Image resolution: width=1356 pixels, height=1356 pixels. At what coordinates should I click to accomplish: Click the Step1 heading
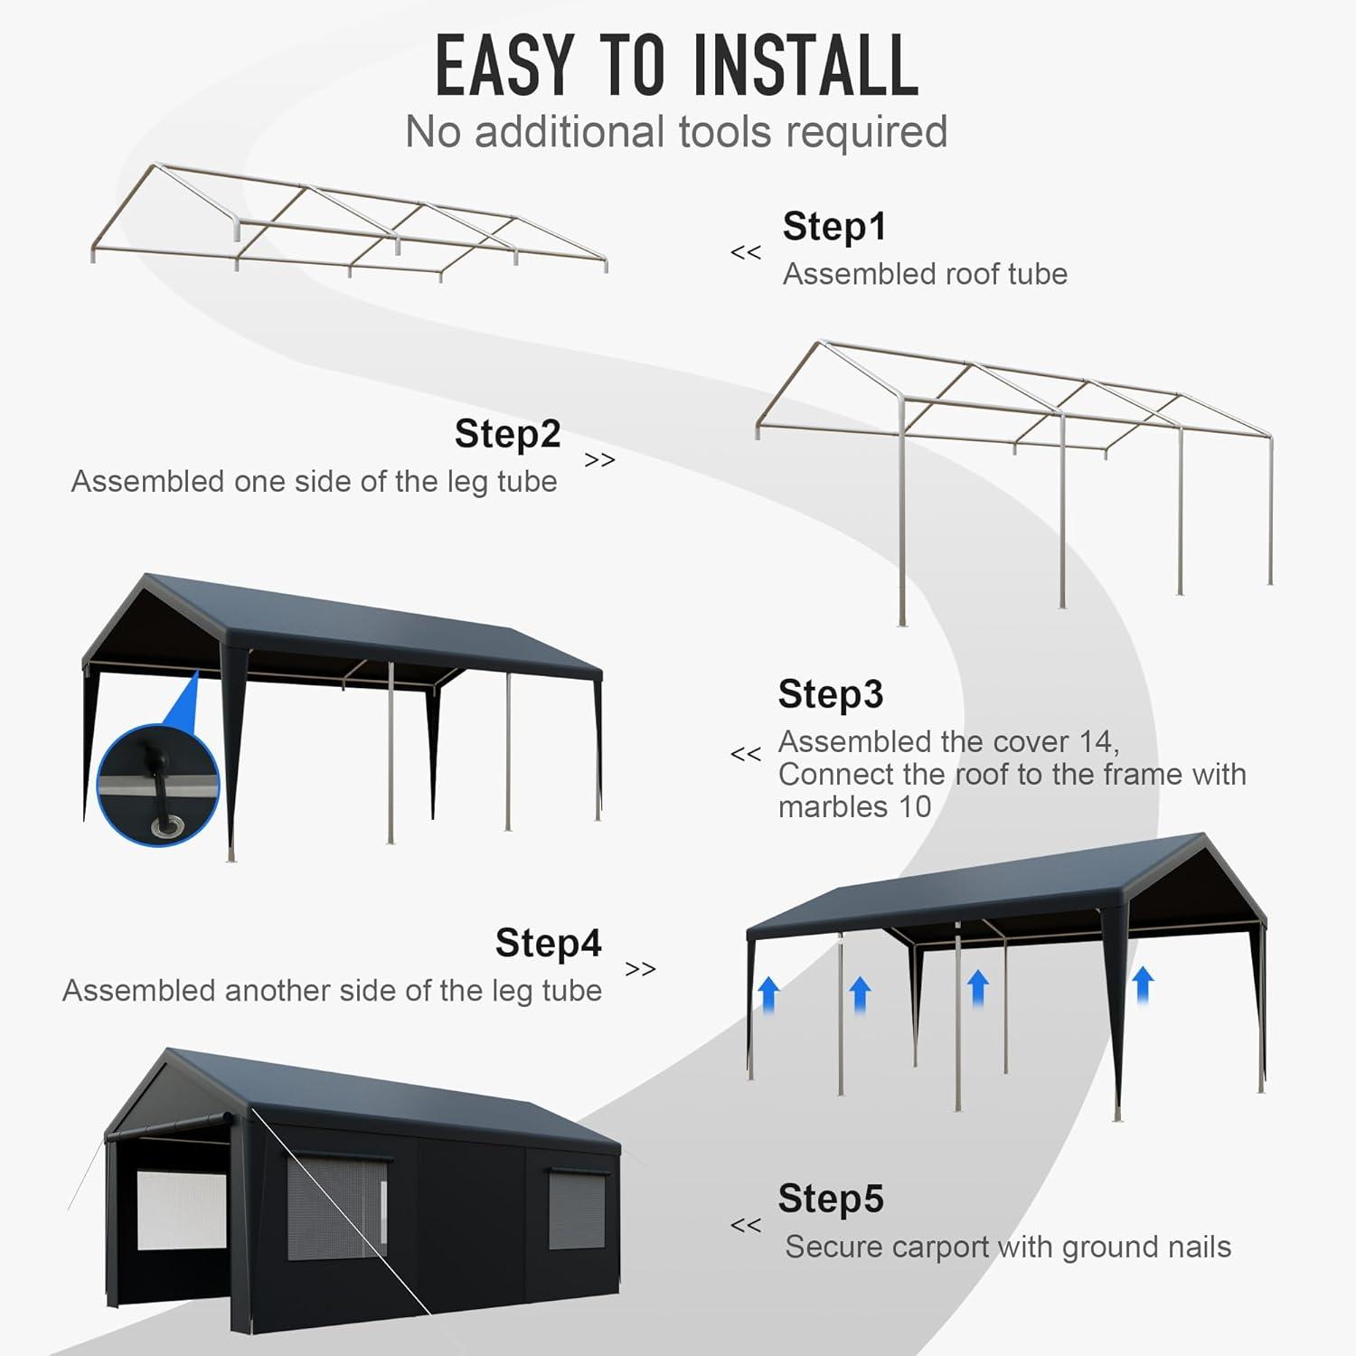[x=834, y=227]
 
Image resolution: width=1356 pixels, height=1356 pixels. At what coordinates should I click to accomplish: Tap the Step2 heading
[x=507, y=434]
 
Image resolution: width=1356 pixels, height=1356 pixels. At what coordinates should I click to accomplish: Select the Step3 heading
[x=830, y=694]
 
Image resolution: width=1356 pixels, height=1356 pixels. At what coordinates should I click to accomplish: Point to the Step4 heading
[x=548, y=943]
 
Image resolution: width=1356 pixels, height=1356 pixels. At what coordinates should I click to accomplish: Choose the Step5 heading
[x=830, y=1199]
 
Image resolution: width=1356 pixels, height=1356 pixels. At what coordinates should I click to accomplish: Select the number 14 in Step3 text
[x=1097, y=742]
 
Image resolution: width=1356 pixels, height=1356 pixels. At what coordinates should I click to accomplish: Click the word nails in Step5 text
[x=1200, y=1248]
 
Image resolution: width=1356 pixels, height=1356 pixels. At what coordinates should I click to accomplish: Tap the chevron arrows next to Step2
[x=599, y=460]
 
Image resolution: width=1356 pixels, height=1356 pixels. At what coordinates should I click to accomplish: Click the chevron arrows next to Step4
[x=640, y=969]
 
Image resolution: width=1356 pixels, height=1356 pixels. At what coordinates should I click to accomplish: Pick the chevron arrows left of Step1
[x=746, y=253]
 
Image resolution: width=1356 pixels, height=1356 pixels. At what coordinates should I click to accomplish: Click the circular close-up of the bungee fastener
[x=158, y=785]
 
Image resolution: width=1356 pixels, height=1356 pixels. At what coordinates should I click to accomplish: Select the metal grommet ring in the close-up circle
[x=167, y=824]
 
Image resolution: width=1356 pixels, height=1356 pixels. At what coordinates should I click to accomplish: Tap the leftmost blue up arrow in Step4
[x=768, y=994]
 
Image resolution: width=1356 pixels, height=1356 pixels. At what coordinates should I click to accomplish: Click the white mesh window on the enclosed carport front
[x=181, y=1210]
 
